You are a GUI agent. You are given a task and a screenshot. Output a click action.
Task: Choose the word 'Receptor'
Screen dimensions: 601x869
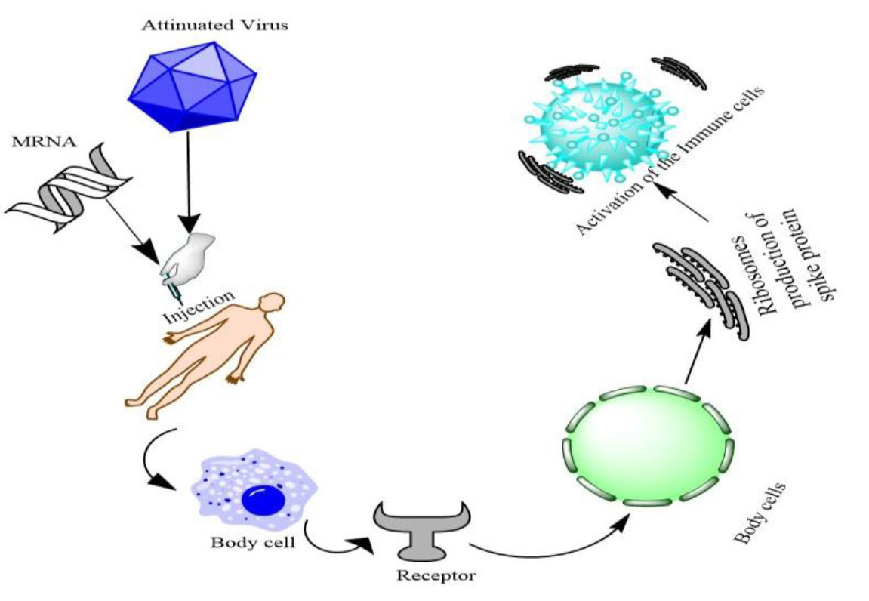tap(436, 576)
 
